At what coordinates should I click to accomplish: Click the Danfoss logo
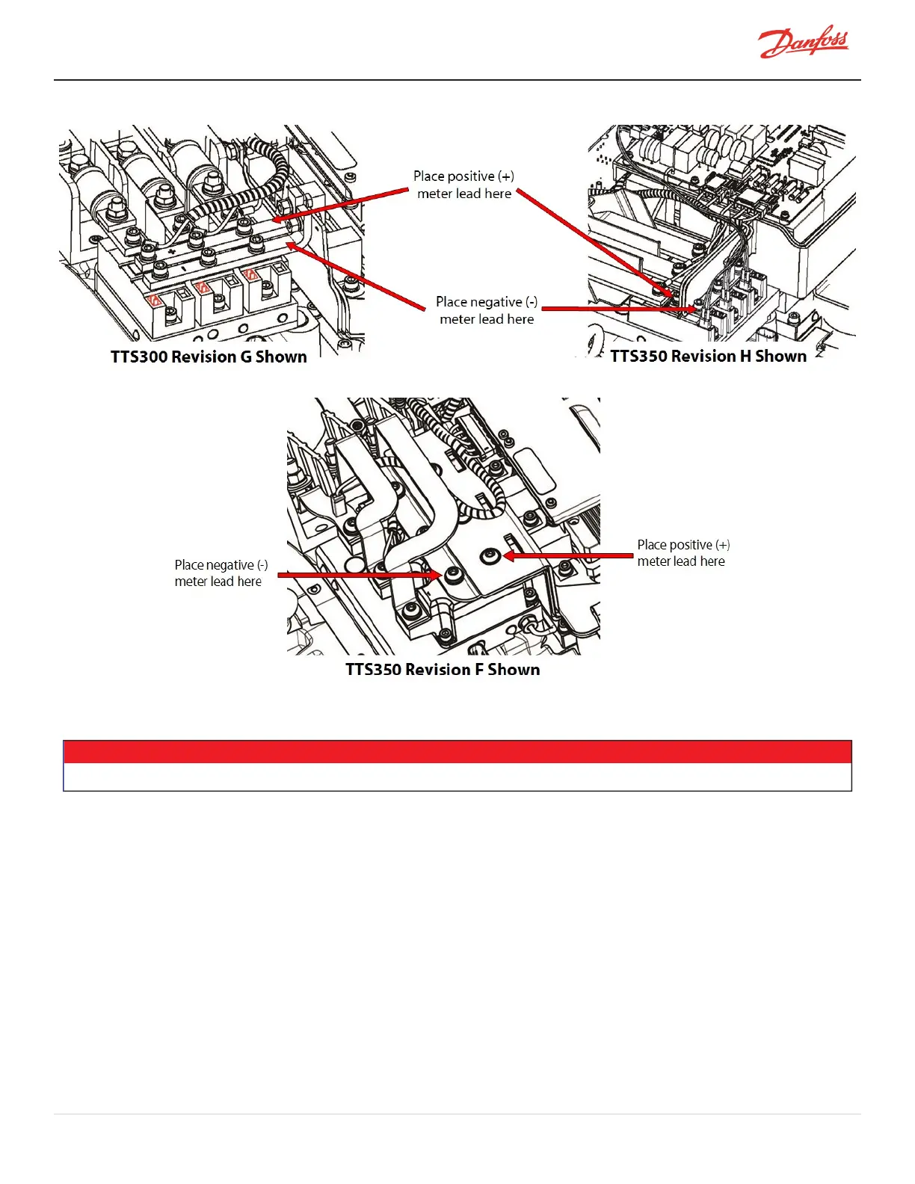804,44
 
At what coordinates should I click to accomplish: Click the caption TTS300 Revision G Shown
209,357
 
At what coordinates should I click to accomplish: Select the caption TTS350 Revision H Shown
708,356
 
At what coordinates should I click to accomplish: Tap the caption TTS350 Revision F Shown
443,669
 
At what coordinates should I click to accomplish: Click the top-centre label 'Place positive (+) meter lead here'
463,185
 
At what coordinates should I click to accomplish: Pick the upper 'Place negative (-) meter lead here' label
487,310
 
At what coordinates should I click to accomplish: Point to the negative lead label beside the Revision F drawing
221,573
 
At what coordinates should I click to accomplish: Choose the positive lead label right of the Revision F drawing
683,553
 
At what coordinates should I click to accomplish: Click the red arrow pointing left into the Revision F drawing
568,556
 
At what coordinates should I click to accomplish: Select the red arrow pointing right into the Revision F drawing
359,575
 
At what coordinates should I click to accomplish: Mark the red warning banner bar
457,751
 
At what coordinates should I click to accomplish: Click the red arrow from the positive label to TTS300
344,205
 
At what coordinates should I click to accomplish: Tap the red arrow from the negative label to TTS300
359,277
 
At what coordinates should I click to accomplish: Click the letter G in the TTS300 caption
246,357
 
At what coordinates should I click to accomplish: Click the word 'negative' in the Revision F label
229,565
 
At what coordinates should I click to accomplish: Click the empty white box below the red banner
457,777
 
